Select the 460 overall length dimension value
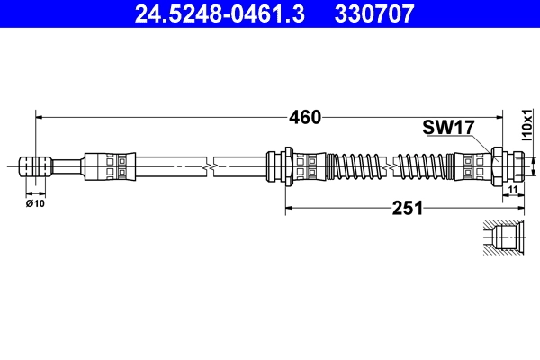(304, 117)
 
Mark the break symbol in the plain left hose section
(209, 166)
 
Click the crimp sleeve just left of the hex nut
(473, 166)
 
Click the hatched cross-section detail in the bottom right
(502, 239)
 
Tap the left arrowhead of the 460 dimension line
(38, 117)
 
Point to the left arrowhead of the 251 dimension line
(289, 209)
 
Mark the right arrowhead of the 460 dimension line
(499, 117)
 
